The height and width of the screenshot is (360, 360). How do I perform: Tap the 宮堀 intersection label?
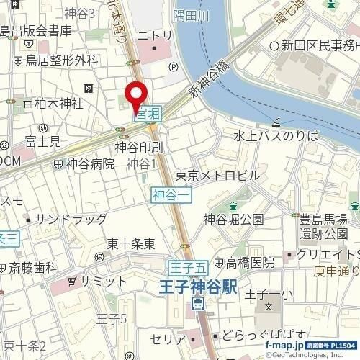tap(148, 113)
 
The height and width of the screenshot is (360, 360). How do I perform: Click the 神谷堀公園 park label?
tap(233, 219)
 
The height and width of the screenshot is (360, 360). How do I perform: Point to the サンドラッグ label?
tap(71, 219)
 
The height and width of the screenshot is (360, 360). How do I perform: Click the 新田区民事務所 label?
tap(318, 45)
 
